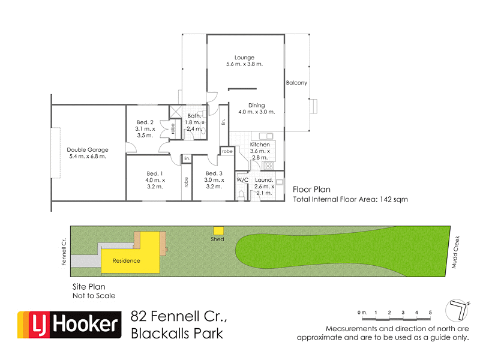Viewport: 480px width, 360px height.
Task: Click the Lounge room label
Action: (x=244, y=58)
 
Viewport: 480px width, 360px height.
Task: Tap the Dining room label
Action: (x=256, y=106)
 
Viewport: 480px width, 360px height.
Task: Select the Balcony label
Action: (x=296, y=83)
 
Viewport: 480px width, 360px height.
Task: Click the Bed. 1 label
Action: (x=154, y=174)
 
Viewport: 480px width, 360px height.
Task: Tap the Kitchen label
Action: (x=260, y=145)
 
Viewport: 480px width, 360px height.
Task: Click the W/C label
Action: (x=242, y=180)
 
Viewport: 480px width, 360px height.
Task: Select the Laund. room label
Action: (x=264, y=180)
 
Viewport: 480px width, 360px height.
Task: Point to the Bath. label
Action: (x=194, y=116)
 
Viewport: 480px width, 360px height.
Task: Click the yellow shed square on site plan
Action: (x=219, y=230)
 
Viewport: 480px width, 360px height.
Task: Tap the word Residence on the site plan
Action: (x=127, y=260)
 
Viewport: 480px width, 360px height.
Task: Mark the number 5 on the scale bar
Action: (x=430, y=313)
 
